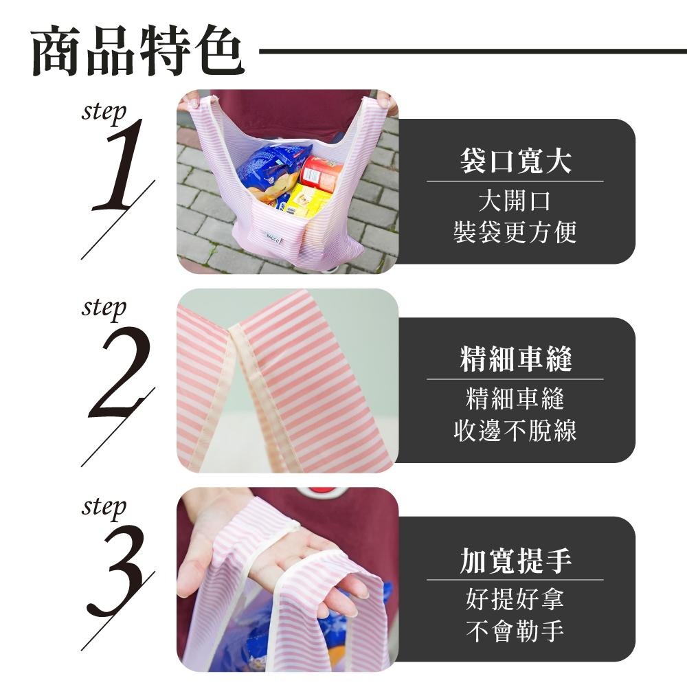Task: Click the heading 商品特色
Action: point(137,52)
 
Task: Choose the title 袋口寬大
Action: point(515,162)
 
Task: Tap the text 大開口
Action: point(515,201)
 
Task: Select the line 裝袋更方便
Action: point(515,232)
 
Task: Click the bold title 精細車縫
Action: point(515,359)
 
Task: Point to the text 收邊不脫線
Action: point(515,431)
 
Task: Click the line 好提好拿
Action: point(515,599)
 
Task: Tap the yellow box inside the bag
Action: point(302,202)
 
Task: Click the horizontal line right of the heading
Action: point(474,51)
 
